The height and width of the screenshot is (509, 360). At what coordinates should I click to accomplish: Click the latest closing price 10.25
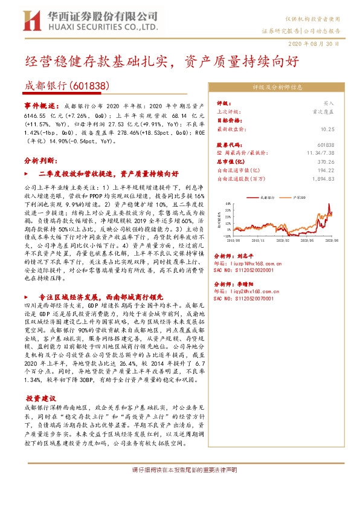[x=328, y=129]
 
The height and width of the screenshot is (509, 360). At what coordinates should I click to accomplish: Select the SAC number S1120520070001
[x=245, y=299]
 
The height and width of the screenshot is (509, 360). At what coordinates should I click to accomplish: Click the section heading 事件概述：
[x=41, y=105]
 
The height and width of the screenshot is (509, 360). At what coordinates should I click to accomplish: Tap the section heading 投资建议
[x=40, y=382]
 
